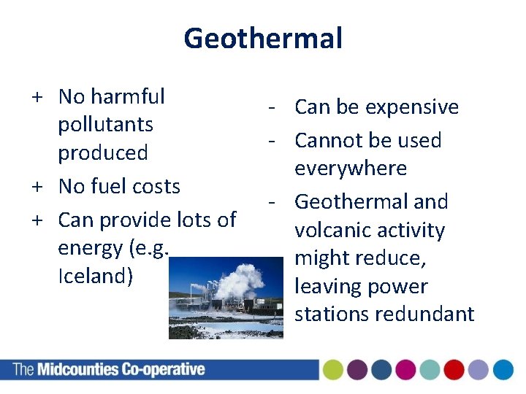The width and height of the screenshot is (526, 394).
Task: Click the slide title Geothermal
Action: click(263, 38)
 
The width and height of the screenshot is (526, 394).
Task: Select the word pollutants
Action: click(105, 124)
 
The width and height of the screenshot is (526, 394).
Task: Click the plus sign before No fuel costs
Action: click(35, 187)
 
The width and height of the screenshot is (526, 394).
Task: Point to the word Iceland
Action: click(95, 277)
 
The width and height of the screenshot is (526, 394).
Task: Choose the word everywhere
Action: click(350, 169)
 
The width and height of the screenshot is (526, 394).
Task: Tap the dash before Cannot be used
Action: click(271, 140)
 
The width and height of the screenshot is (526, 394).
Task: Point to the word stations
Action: click(332, 314)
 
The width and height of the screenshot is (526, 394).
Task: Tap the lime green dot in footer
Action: click(333, 370)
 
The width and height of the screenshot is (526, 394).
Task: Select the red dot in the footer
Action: click(454, 370)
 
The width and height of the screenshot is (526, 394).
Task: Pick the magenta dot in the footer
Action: click(405, 370)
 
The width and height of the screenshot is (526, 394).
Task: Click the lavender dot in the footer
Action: click(478, 370)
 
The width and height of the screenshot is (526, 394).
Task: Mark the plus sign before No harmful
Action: click(35, 96)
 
